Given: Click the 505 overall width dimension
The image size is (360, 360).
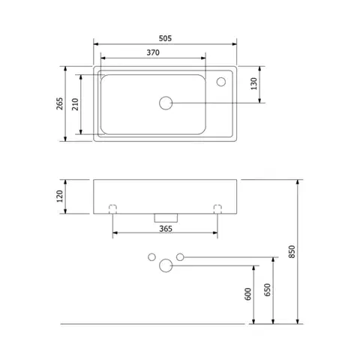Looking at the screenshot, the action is [165, 38].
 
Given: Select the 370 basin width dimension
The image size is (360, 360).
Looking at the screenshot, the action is [153, 52].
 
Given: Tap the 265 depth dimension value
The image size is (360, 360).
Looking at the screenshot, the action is [60, 103].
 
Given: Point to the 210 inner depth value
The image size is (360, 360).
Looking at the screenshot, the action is [75, 104].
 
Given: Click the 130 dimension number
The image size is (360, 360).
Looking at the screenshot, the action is [254, 84].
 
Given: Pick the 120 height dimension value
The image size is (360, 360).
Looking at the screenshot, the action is [60, 196].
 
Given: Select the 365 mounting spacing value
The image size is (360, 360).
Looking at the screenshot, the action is [166, 229].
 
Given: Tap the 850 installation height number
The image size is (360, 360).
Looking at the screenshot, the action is [292, 252].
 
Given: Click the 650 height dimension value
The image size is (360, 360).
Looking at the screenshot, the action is [268, 289].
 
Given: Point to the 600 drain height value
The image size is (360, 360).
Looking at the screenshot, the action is [247, 294].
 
